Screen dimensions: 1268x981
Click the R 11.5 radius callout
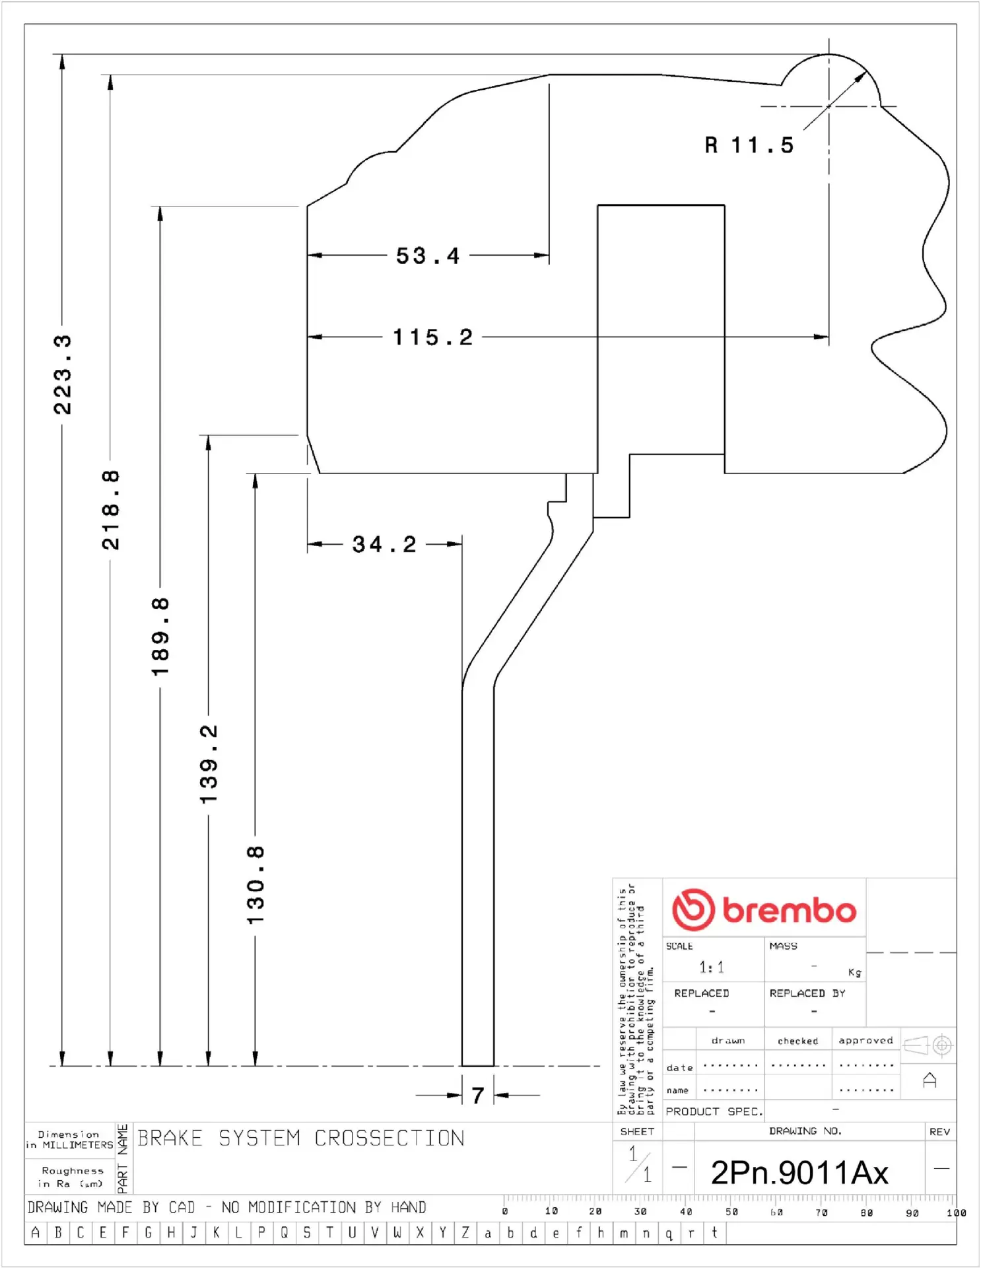click(x=749, y=145)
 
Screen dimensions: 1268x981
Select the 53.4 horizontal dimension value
click(x=428, y=256)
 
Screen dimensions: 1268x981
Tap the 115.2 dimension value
click(x=433, y=337)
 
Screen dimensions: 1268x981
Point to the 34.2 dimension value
click(x=384, y=544)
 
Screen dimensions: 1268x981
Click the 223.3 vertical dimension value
click(x=63, y=374)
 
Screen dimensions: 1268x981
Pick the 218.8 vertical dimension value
click(x=111, y=510)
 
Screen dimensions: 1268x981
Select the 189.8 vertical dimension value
click(x=160, y=637)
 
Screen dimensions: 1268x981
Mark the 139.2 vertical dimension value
click(x=209, y=764)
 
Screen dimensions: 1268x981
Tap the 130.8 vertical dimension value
click(x=255, y=885)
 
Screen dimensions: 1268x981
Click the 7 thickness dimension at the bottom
click(x=478, y=1096)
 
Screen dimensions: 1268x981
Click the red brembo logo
click(x=764, y=909)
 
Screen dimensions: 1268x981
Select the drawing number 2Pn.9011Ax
click(x=799, y=1173)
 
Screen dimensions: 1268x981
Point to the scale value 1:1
click(x=712, y=968)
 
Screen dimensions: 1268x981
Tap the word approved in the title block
click(x=865, y=1040)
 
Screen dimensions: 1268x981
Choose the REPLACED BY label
click(x=807, y=993)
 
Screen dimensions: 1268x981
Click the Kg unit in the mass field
click(x=854, y=972)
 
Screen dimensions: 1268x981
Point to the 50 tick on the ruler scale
click(x=731, y=1212)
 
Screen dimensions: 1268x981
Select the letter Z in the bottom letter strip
click(x=465, y=1232)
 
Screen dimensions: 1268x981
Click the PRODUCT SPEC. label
click(x=714, y=1111)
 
